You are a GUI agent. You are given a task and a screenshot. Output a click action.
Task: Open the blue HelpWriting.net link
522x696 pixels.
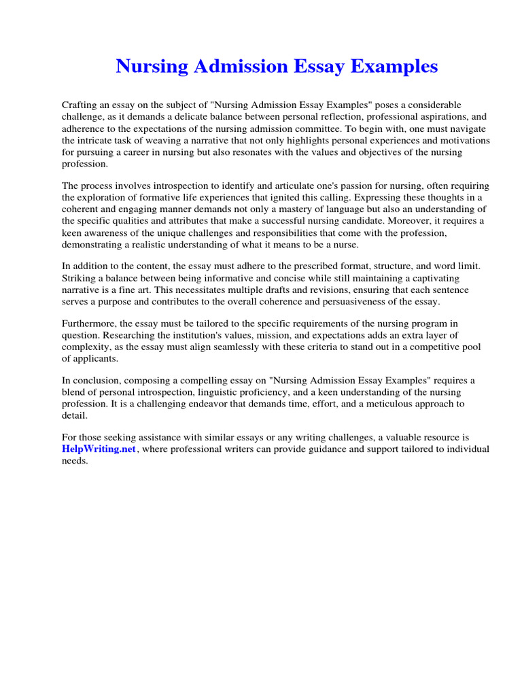tap(99, 449)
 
